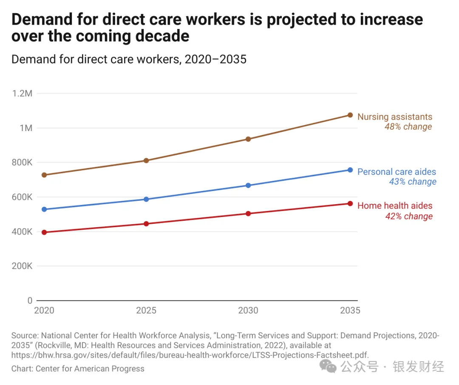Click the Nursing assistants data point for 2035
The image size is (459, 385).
pos(350,115)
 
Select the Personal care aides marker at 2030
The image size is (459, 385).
pos(248,185)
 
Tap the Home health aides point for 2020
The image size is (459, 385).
pos(44,232)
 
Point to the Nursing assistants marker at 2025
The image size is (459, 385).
pos(146,160)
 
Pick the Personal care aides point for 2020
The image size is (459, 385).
pos(44,209)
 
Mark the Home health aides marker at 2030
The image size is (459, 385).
pos(248,214)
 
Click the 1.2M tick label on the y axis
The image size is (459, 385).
pos(22,94)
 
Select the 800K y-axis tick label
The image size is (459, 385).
pos(22,163)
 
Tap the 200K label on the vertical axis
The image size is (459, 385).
pos(22,266)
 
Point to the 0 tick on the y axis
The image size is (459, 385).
pos(30,301)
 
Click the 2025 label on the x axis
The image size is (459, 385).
pos(146,311)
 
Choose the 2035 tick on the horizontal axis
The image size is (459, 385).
pos(350,311)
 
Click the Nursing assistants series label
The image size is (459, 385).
pos(395,117)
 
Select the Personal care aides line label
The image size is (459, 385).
pos(397,172)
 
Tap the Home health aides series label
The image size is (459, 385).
pos(395,206)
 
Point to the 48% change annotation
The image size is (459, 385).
pos(408,127)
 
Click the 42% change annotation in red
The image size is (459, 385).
pos(408,216)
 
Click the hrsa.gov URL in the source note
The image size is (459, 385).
pos(190,355)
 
